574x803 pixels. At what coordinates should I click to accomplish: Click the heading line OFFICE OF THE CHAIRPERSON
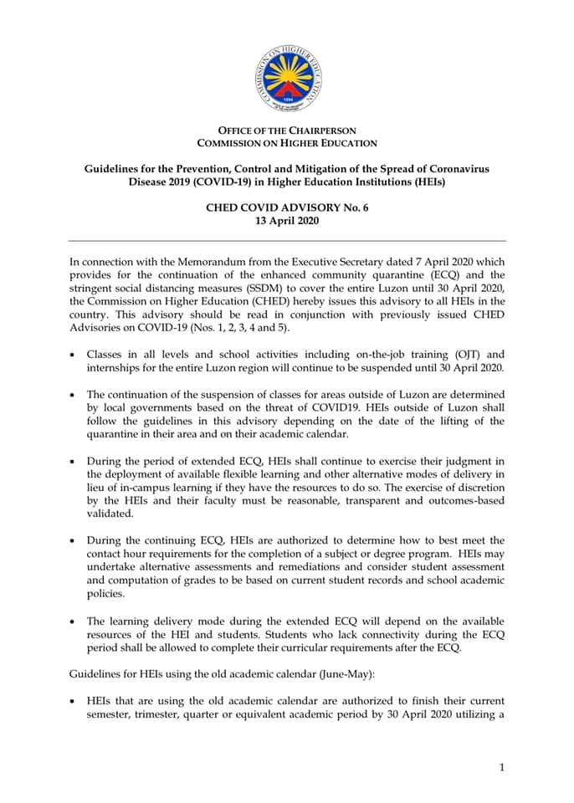pos(287,130)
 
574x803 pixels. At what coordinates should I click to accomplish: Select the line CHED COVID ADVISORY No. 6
pos(287,208)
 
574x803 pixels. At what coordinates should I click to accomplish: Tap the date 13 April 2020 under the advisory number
pos(287,222)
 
